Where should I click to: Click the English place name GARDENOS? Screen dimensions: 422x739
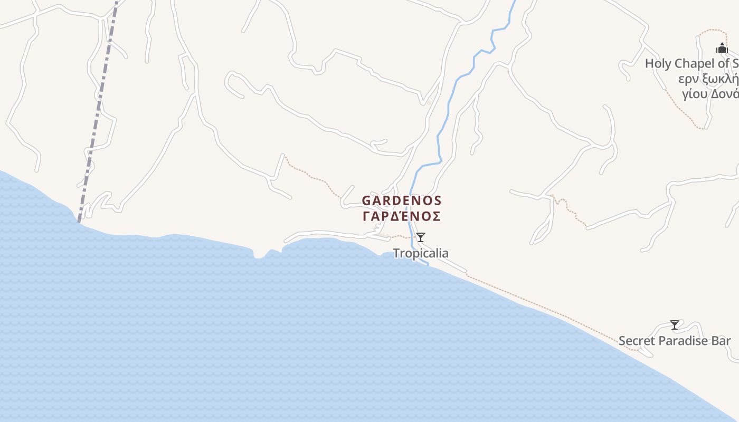401,201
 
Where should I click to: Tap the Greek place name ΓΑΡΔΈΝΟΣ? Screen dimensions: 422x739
401,216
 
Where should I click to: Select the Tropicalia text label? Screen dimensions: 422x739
421,253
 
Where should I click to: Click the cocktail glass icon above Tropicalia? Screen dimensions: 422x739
420,237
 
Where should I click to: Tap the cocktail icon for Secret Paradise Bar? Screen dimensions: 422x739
675,325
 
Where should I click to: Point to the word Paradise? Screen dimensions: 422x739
684,341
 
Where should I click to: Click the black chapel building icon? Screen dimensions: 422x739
722,49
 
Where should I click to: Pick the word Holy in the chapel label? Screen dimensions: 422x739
658,64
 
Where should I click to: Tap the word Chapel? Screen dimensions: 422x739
695,64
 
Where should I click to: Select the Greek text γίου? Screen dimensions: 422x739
695,94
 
